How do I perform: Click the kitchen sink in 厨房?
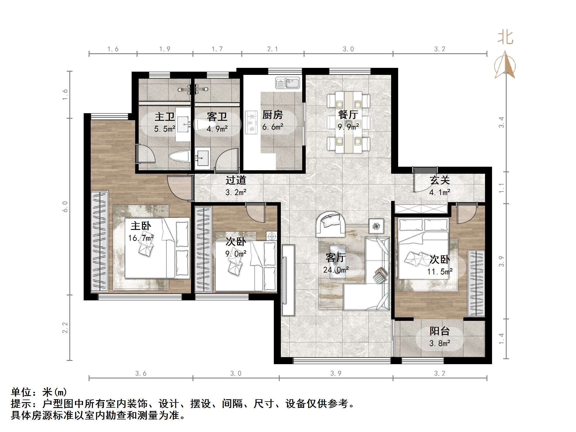point(287,83)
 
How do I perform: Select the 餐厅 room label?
point(348,114)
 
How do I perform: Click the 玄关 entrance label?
point(439,180)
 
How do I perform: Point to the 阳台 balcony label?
point(439,331)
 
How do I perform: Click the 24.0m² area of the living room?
point(336,269)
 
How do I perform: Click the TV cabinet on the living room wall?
point(288,280)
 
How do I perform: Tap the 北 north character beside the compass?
point(505,38)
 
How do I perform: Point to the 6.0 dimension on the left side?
point(65,206)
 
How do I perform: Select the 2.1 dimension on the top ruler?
point(272,49)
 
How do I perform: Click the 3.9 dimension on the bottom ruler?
point(336,374)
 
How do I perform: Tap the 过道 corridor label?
point(235,180)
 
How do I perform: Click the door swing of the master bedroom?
point(179,187)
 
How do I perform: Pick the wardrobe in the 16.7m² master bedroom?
point(99,241)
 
